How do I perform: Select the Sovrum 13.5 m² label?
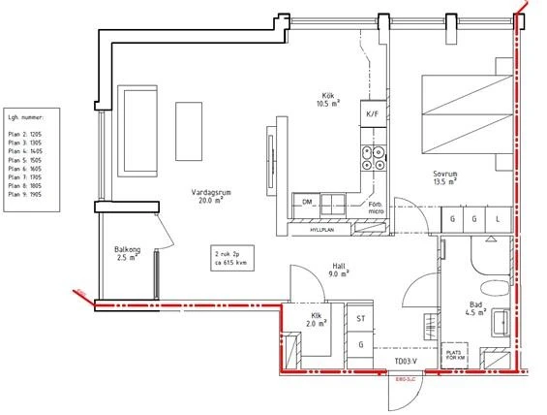(x=445, y=176)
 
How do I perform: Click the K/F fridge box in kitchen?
(x=373, y=114)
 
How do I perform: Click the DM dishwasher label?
(x=307, y=203)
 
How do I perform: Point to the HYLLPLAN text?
(x=322, y=232)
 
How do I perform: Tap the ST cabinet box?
(x=361, y=319)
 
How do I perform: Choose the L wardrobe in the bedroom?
(x=498, y=220)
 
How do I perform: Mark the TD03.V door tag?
(x=405, y=363)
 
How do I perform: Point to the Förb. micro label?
(x=378, y=209)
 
